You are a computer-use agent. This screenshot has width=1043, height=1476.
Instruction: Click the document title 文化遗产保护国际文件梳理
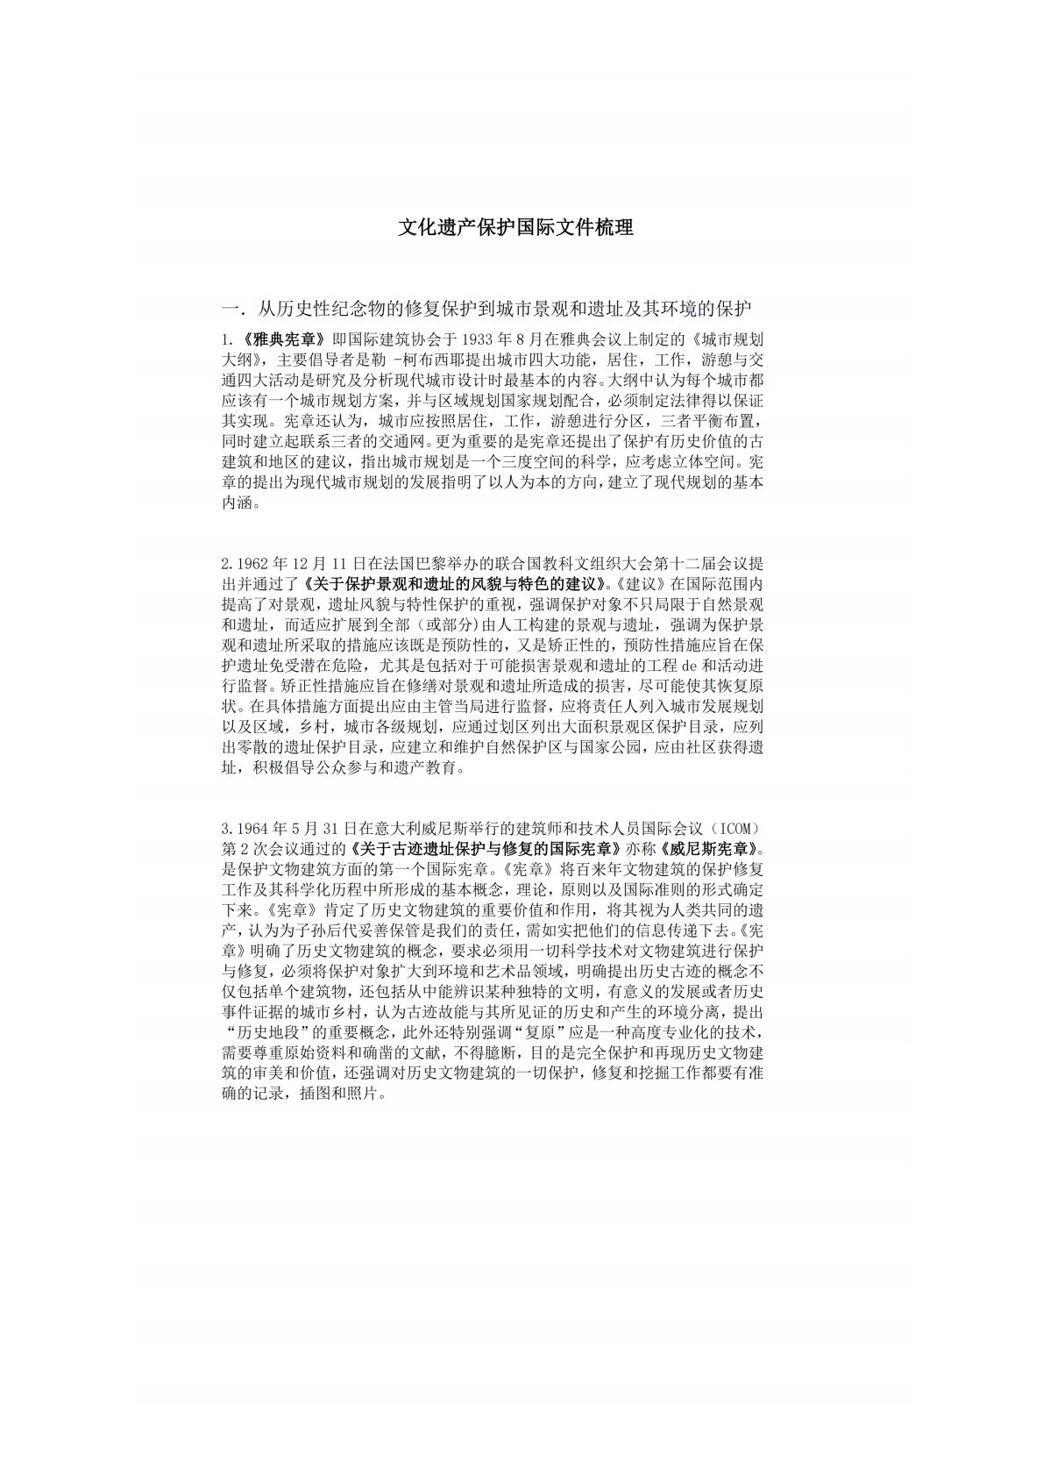(516, 228)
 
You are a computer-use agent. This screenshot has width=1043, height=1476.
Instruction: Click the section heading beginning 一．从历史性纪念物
(487, 309)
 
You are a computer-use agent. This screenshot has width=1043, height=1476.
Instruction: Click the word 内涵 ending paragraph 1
(238, 504)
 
